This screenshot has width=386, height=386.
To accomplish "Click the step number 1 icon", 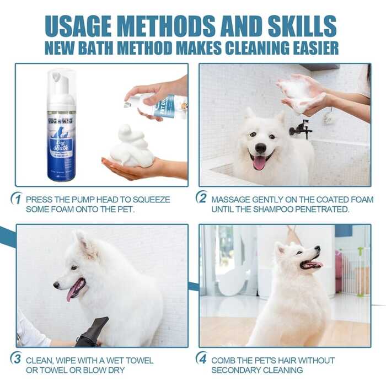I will point(16,199).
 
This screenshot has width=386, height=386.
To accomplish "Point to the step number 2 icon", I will point(202,199).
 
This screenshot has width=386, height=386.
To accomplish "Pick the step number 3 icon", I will point(16,360).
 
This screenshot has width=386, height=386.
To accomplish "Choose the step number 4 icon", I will point(202,359).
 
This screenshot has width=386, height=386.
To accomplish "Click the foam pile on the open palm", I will point(132,148).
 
